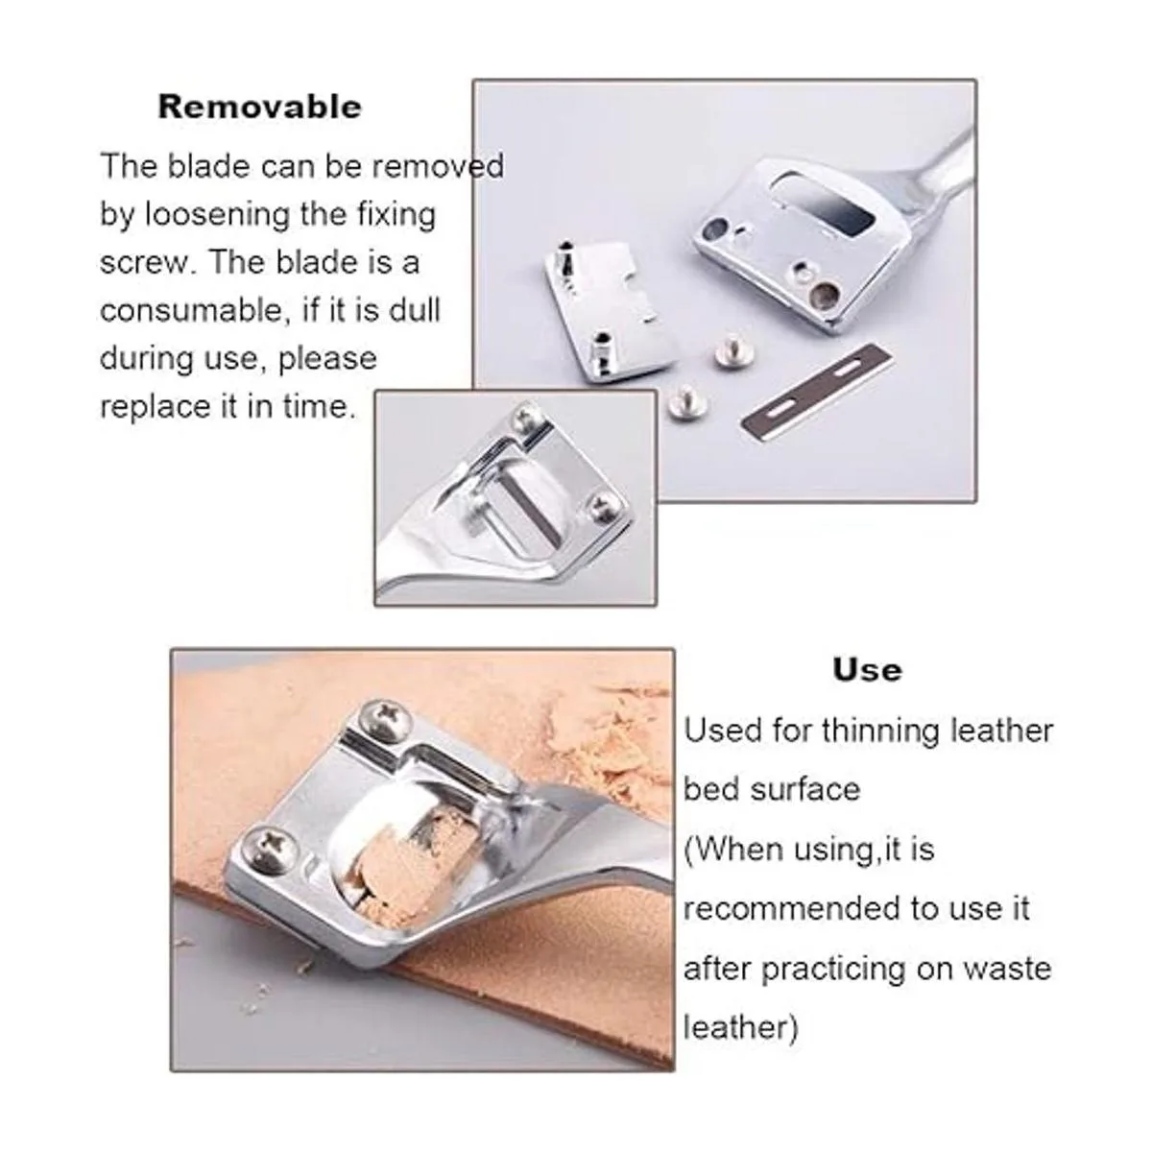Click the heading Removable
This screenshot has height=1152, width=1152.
[259, 108]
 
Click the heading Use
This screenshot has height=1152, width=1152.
[868, 670]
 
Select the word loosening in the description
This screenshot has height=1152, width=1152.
[217, 215]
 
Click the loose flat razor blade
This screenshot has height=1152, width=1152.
[817, 388]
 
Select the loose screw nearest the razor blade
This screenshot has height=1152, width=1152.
[733, 350]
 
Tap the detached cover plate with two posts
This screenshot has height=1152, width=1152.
[610, 312]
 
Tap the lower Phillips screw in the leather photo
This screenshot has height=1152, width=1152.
[270, 850]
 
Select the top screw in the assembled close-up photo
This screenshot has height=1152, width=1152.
[527, 418]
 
